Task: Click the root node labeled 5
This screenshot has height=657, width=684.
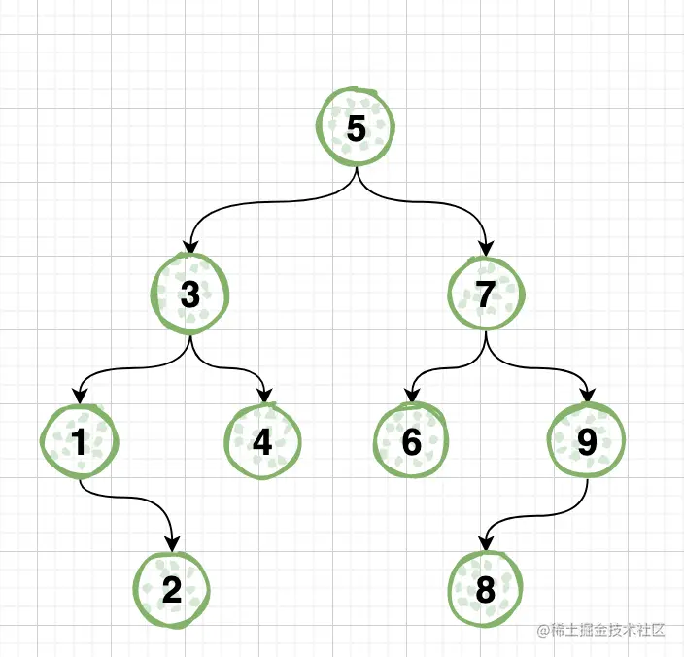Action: [357, 128]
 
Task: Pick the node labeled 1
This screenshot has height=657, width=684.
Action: [79, 442]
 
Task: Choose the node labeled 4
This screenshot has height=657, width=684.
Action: [262, 442]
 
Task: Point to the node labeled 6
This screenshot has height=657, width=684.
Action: [411, 442]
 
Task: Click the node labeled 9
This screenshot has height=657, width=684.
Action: [586, 442]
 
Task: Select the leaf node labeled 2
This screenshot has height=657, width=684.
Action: [172, 590]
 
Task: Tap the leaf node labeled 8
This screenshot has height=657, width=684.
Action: [486, 590]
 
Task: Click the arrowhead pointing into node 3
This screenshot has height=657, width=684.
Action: [191, 249]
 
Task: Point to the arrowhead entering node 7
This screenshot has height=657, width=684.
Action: [486, 249]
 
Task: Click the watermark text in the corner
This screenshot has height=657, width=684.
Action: [601, 630]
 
